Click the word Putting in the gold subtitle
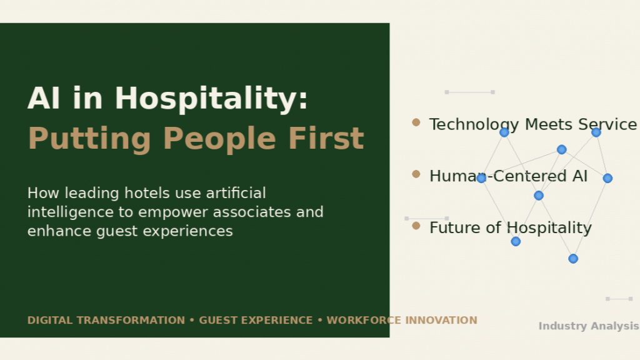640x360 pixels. pos(89,139)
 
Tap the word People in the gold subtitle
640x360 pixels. pos(219,139)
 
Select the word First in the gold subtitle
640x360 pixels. pos(326,138)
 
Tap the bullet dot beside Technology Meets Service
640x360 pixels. pos(416,122)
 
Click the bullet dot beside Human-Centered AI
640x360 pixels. pos(416,174)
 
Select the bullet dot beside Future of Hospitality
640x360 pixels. pos(416,226)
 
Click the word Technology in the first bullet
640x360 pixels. pos(474,125)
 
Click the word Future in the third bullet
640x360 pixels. pos(455,227)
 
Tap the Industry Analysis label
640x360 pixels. pos(589,326)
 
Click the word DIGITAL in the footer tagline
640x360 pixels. pos(50,321)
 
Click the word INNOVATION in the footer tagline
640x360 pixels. pos(441,321)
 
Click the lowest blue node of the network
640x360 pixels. pos(573,258)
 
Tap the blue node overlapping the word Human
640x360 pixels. pos(481,178)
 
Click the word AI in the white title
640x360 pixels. pos(44,99)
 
